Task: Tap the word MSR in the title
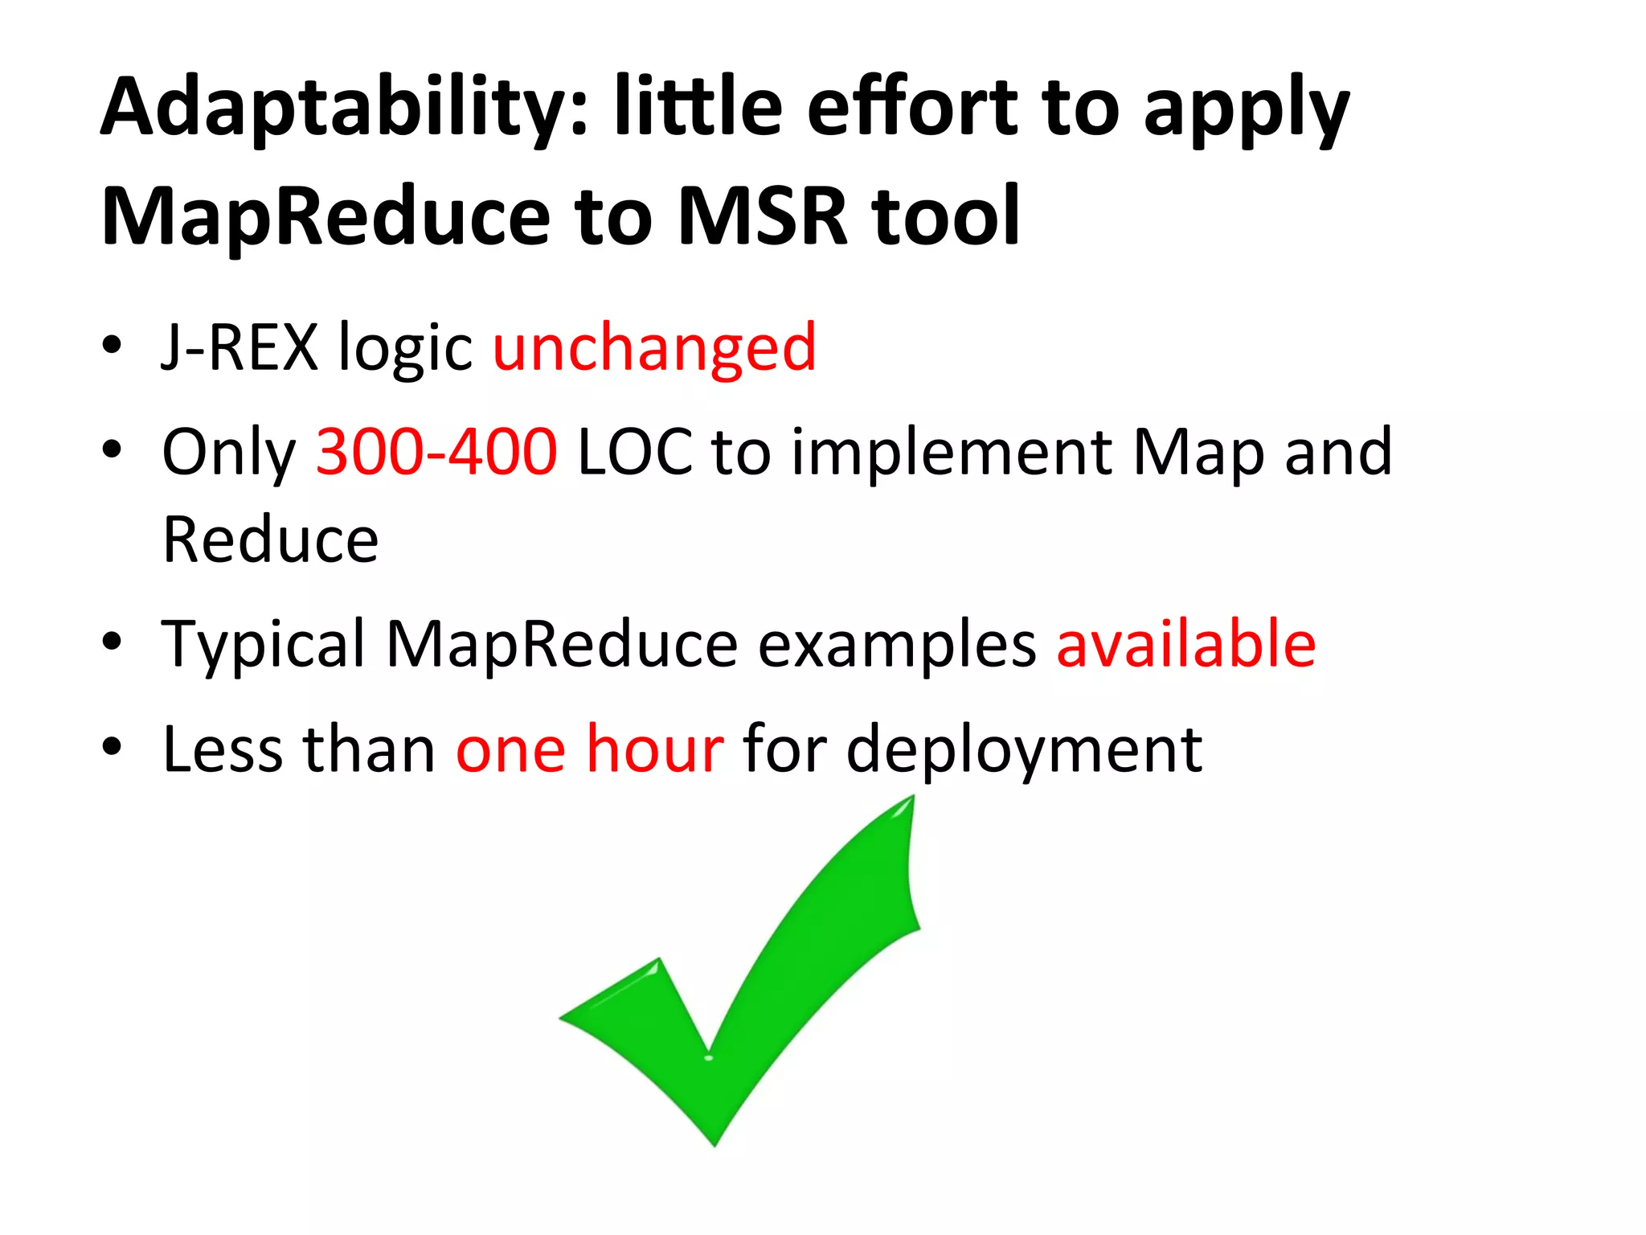[x=762, y=217]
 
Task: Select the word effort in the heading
[x=912, y=107]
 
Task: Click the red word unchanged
[x=654, y=347]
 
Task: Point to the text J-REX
[x=240, y=347]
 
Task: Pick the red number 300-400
[x=436, y=452]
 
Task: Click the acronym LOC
[x=635, y=452]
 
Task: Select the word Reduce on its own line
[x=270, y=540]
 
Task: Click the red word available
[x=1185, y=644]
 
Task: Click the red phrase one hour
[x=590, y=749]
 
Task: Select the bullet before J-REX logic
[x=112, y=346]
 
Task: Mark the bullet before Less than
[x=112, y=747]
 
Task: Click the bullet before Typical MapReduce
[x=112, y=642]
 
